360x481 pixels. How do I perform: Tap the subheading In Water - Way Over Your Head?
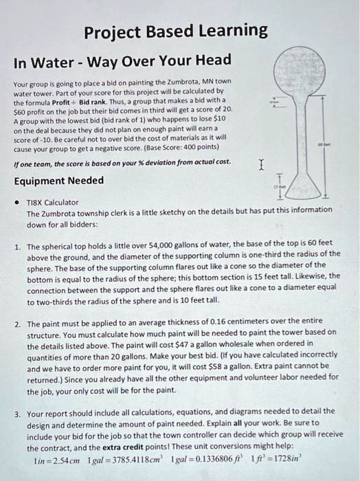point(122,60)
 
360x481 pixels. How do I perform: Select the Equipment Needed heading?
point(59,181)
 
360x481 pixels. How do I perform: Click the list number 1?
point(16,245)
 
